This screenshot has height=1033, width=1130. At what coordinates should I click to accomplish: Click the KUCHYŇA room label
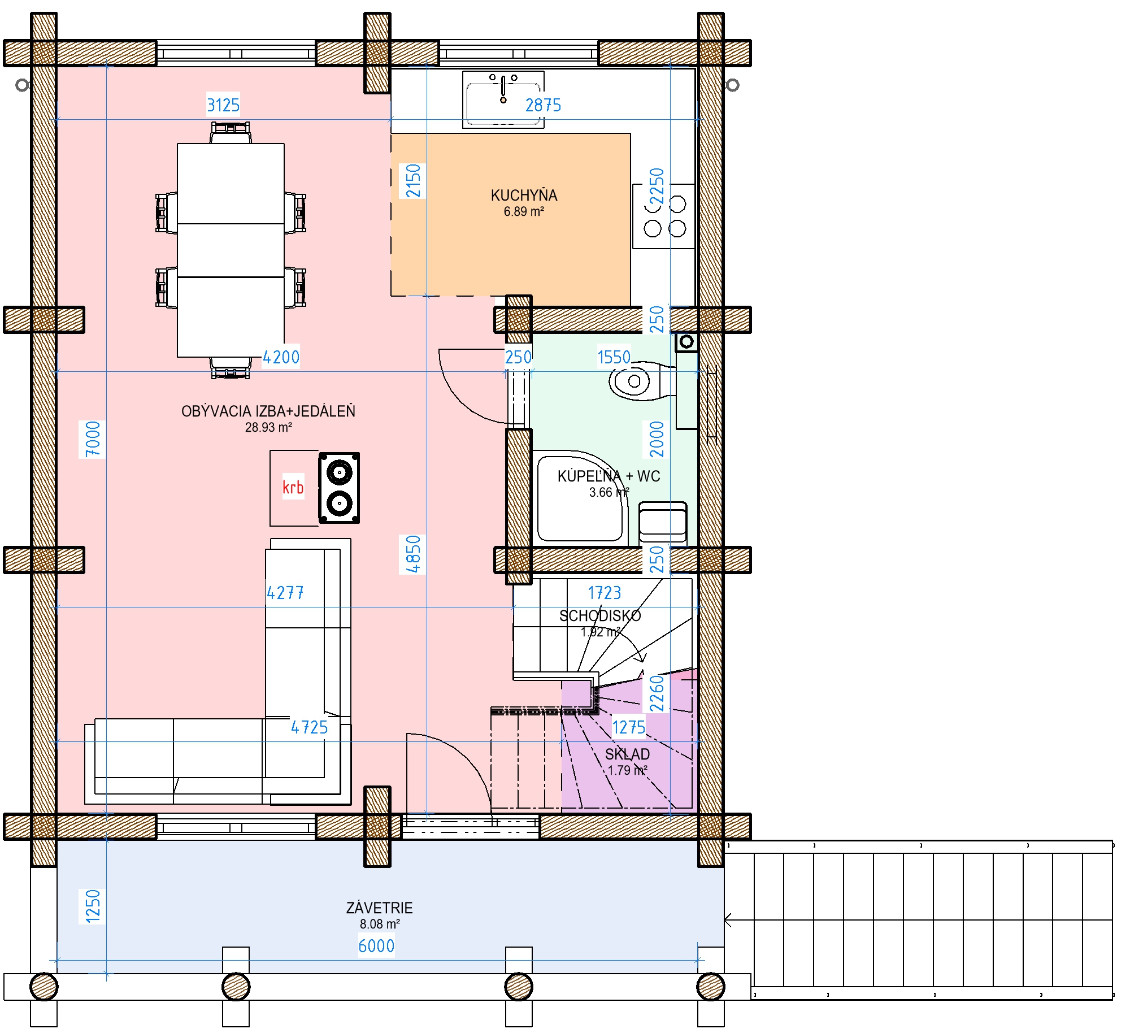click(524, 196)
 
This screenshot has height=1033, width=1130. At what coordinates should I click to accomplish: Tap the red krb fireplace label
click(293, 487)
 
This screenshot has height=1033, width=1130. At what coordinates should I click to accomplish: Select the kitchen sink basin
click(503, 100)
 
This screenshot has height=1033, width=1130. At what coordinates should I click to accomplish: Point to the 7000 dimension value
click(92, 439)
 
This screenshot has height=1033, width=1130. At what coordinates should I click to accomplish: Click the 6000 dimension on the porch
click(376, 945)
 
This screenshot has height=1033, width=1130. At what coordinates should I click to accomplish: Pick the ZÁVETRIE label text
click(379, 908)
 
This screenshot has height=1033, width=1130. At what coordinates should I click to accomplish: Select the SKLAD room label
click(627, 754)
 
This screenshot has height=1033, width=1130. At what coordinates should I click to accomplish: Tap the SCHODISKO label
click(600, 615)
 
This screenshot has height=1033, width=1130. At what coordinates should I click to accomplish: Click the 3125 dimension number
click(223, 105)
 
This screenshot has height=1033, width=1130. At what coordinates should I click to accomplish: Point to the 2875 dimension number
click(543, 105)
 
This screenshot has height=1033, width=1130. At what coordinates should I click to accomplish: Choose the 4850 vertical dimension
click(413, 554)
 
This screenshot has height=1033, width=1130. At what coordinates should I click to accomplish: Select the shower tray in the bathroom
click(580, 498)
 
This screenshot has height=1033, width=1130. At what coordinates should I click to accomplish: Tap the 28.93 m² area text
click(268, 427)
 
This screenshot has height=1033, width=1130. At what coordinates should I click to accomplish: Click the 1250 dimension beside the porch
click(92, 906)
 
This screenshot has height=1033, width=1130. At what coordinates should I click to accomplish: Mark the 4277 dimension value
click(285, 593)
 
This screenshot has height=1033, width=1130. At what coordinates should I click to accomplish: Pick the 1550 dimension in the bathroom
click(614, 357)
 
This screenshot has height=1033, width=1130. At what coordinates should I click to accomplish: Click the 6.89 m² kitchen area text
click(524, 211)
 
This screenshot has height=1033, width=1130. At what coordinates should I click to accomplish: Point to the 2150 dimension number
click(413, 181)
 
